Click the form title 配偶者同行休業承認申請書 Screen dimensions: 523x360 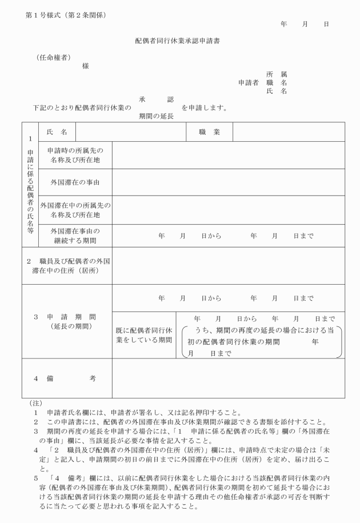pos(180,43)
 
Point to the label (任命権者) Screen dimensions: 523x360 pos(53,58)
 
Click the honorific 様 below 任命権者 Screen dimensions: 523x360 pos(85,66)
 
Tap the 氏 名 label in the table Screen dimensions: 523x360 pos(56,132)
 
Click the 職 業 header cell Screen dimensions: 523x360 pos(209,132)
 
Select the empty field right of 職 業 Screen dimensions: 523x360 pos(288,132)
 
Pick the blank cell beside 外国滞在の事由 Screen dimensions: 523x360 pos(228,183)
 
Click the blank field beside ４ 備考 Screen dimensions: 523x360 pos(228,378)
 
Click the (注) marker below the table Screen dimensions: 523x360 pos(35,402)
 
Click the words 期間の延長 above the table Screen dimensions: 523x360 pos(156,115)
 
